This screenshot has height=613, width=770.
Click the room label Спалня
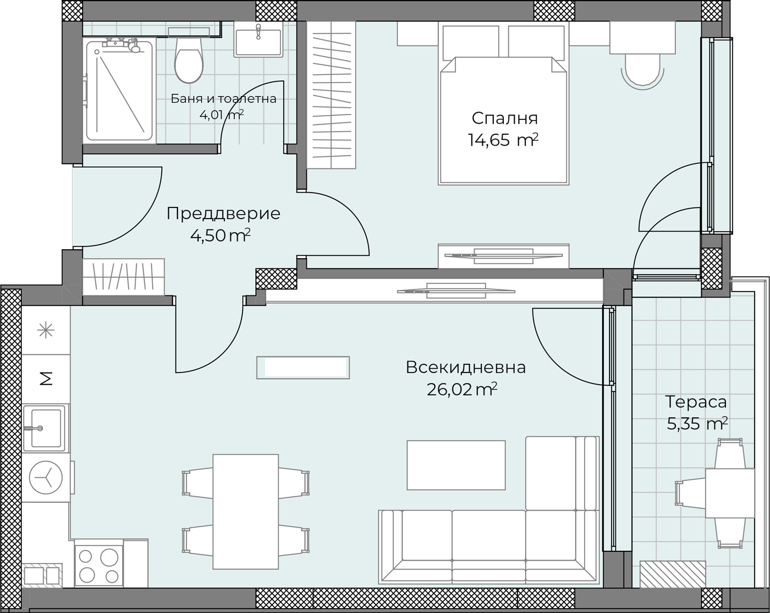504,118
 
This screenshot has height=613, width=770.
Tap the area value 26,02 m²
461,390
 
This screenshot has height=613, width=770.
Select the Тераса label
696,402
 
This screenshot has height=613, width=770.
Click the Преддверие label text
223,214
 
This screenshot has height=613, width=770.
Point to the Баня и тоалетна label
223,99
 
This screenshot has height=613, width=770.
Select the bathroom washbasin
258,41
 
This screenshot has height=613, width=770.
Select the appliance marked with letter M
46,379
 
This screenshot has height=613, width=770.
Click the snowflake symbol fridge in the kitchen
46,330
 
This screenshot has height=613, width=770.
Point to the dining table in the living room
245,511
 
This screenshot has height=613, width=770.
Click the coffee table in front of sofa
456,465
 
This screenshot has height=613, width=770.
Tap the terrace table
730,493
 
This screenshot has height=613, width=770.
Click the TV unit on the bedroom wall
503,256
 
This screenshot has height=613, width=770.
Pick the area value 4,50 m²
220,236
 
